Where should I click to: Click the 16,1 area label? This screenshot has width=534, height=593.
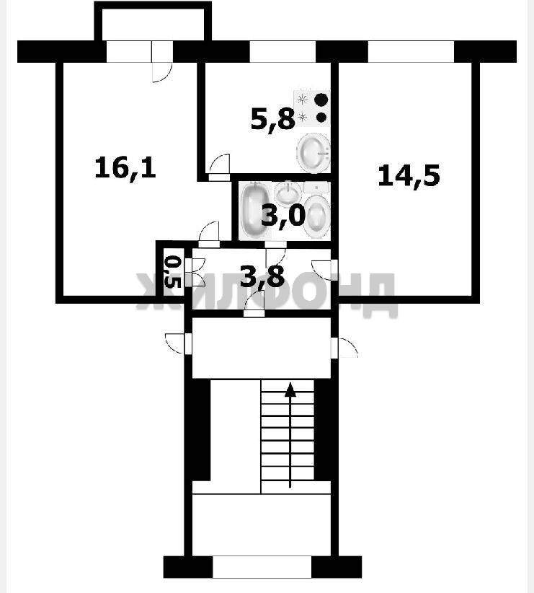coord(125,168)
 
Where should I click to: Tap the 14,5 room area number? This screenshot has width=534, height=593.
coord(409,176)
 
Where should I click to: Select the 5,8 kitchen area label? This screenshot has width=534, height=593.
coord(273,119)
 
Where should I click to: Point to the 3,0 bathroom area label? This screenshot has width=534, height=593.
coord(283,216)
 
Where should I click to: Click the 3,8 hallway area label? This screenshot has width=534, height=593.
coord(262,276)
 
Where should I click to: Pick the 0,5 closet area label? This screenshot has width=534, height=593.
coord(174,271)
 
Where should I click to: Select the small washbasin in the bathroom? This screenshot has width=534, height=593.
coord(288,193)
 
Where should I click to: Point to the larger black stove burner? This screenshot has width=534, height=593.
coord(321,100)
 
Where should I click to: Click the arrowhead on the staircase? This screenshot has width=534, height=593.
coord(290,390)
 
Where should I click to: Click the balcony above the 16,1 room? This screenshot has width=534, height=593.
coord(153,21)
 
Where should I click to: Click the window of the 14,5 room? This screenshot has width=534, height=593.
coord(411,51)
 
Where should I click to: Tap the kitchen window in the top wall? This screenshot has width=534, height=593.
coord(282,51)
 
